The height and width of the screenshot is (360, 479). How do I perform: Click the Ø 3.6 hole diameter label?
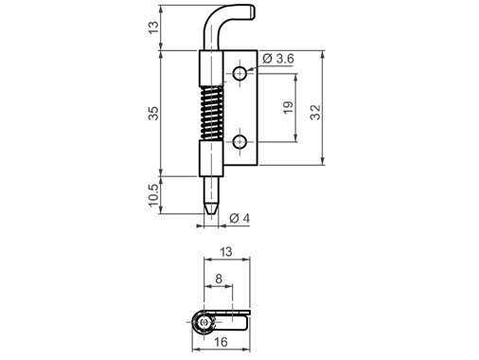tap(278, 59)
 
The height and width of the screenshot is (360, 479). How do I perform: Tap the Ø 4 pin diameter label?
tap(239, 218)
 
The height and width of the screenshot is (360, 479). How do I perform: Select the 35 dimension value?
tap(153, 113)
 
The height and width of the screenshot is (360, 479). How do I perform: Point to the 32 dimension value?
tap(314, 112)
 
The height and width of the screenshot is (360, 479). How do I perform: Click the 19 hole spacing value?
tap(288, 108)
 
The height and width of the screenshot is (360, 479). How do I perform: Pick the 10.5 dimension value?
tap(153, 195)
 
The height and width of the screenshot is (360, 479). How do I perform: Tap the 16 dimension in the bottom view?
tap(221, 342)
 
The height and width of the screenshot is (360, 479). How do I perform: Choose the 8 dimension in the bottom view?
tap(219, 279)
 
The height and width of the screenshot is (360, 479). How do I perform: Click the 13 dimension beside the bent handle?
tap(153, 27)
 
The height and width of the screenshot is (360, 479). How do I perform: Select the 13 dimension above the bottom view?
tap(226, 252)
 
